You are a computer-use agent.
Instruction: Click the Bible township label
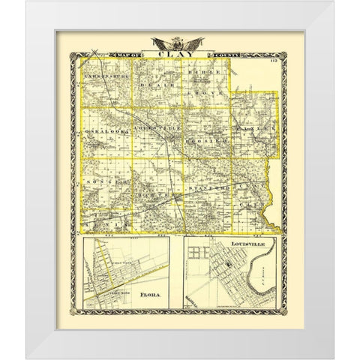[x=206, y=76]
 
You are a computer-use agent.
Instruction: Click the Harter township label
[x=154, y=190]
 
